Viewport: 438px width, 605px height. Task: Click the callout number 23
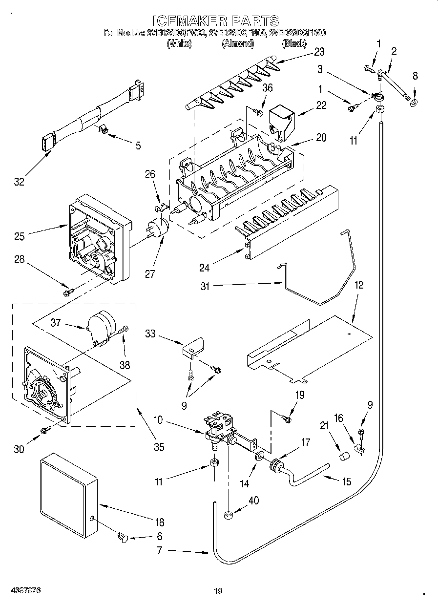point(319,52)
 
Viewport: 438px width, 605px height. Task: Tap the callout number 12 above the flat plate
point(359,285)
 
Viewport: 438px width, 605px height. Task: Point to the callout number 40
point(253,501)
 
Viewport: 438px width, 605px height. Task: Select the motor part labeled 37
point(101,326)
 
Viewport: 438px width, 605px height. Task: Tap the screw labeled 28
point(68,292)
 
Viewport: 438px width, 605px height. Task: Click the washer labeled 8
point(414,103)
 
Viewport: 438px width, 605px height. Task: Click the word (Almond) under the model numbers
point(238,43)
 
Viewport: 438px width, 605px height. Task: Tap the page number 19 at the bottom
point(218,591)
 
